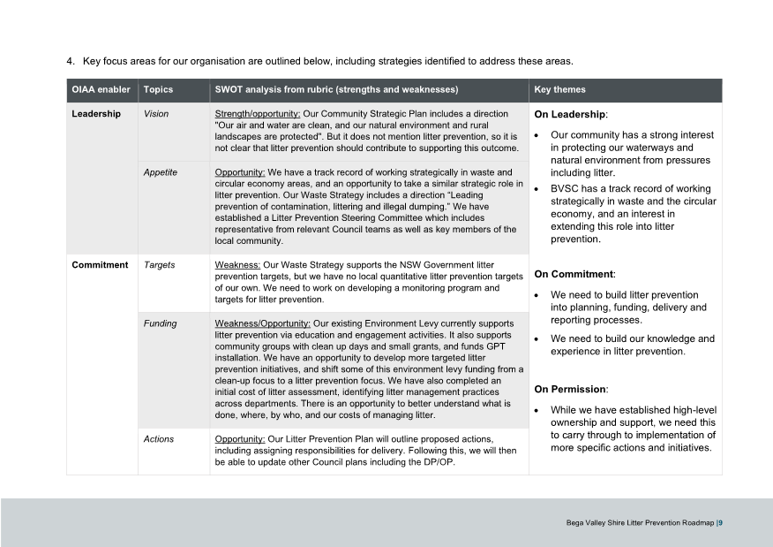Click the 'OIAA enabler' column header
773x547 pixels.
(101, 90)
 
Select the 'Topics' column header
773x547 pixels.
(158, 90)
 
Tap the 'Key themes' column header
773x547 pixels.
(559, 90)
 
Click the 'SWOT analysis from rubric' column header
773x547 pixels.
(336, 90)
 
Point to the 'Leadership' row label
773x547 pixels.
(96, 114)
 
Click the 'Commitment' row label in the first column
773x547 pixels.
(100, 265)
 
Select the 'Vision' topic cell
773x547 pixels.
(156, 114)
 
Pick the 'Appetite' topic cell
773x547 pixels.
(160, 172)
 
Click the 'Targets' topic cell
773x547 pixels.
(159, 265)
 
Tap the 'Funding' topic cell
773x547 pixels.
(160, 323)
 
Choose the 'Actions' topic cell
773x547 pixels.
(159, 439)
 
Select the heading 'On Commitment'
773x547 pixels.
(574, 275)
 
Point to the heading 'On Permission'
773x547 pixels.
(571, 390)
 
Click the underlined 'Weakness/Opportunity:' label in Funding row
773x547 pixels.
(263, 323)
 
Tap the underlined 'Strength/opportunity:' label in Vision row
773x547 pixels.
(258, 114)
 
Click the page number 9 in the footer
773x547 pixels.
(720, 523)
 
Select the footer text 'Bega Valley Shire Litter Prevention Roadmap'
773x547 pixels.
(640, 523)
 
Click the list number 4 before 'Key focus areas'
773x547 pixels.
(70, 61)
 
